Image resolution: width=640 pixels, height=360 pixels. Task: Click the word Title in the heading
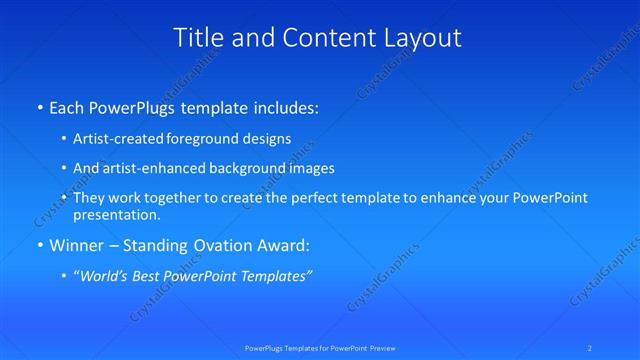point(198,38)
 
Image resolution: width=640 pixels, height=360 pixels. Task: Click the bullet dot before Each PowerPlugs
point(39,106)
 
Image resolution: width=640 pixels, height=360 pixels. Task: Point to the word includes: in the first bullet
point(285,105)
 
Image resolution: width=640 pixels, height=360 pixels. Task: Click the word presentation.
point(116,214)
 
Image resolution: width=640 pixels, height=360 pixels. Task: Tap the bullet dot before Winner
point(39,246)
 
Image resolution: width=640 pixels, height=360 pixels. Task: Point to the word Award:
point(281,245)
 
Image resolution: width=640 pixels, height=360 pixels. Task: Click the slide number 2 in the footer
point(590,347)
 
